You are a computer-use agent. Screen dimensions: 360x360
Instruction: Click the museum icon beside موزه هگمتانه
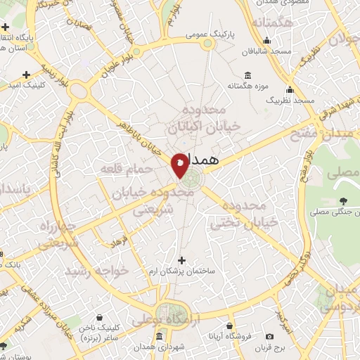point(247,75)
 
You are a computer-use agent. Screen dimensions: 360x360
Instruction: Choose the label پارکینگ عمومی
point(205,33)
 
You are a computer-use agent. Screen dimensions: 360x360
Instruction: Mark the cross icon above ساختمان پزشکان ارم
point(182,259)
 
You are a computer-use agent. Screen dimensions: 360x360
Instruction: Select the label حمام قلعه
point(123,169)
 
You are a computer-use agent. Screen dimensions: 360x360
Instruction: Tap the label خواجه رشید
point(97,271)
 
